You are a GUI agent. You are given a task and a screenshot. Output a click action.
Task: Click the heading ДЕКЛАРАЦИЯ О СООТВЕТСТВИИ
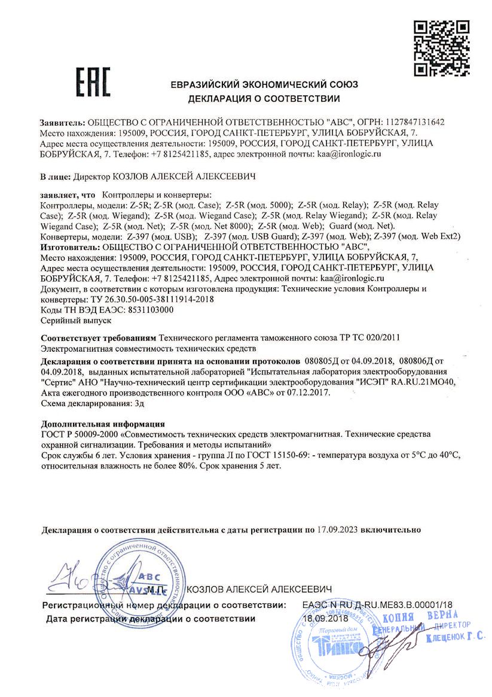coord(264,98)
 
